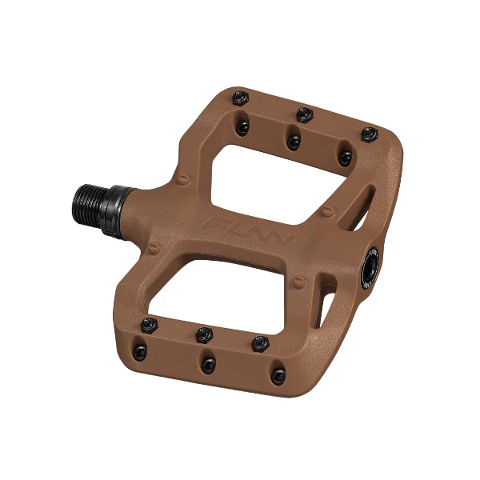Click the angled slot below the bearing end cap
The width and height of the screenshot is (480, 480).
(x=325, y=306)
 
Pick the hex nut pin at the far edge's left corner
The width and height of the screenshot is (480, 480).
(x=241, y=98)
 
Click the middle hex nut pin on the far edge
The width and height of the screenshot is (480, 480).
(x=305, y=115)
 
